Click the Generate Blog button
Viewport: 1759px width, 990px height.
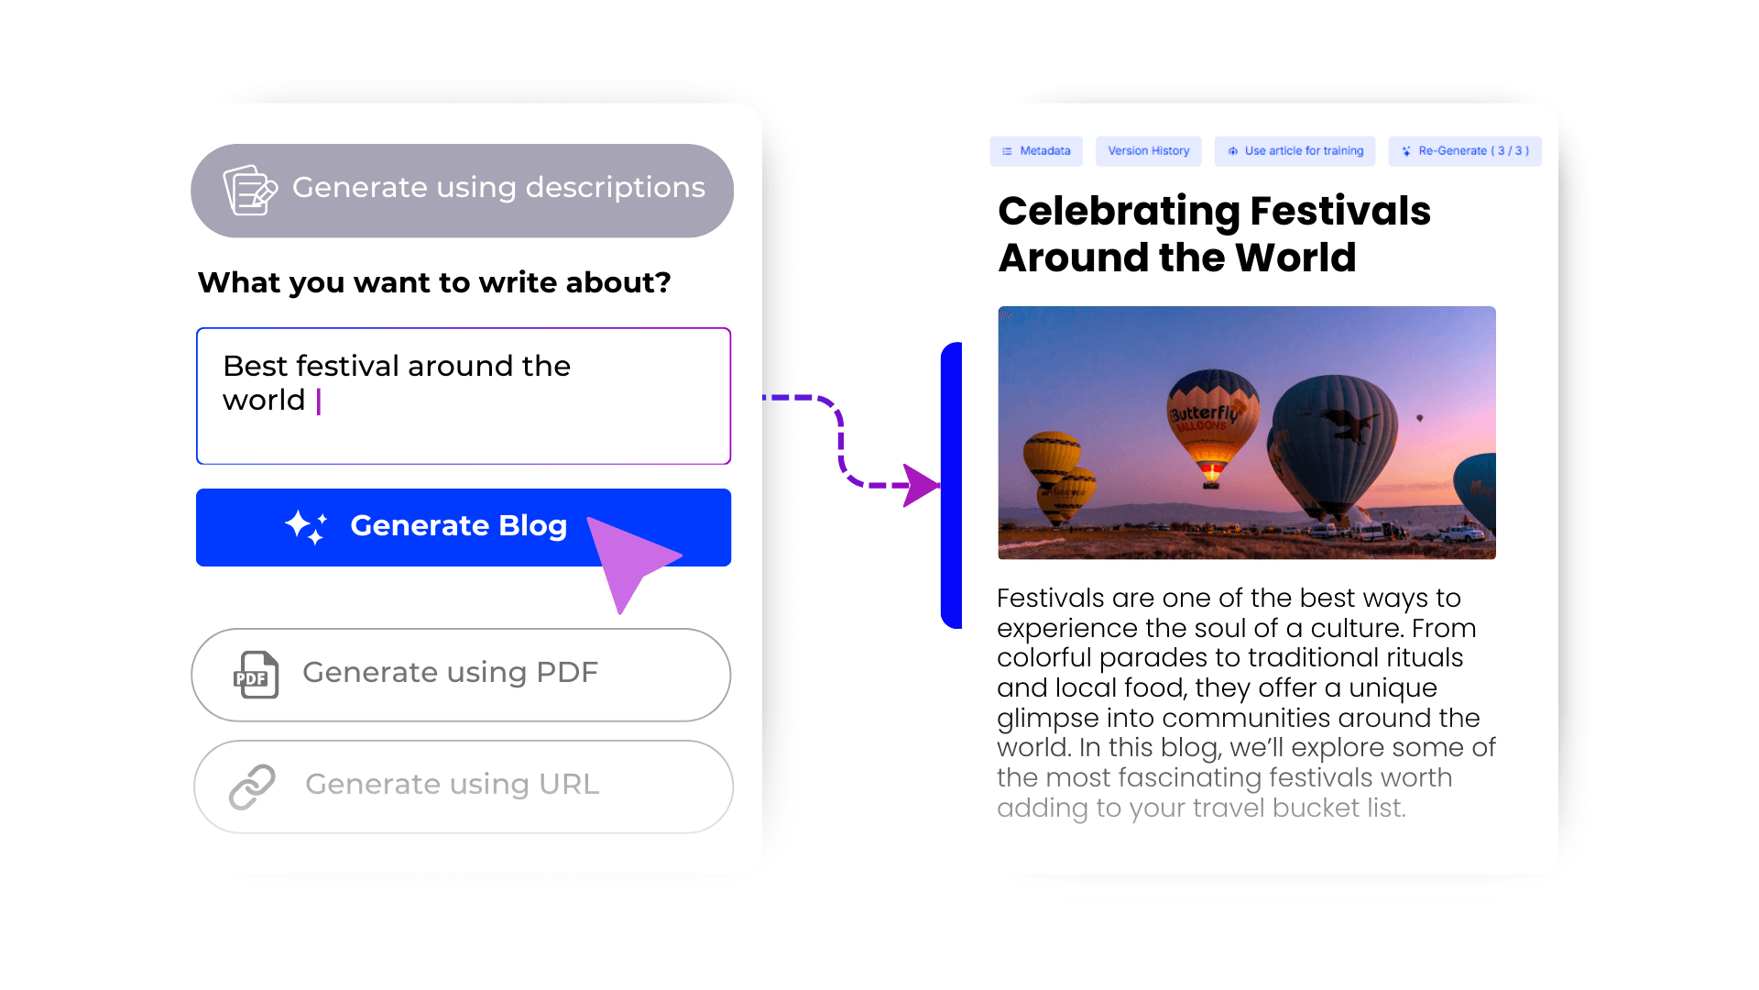coord(463,527)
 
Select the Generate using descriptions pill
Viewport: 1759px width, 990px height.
coord(462,191)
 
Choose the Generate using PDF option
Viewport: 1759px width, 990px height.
coord(461,675)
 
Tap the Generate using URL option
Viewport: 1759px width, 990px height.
coord(464,786)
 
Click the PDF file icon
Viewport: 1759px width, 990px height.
coord(257,675)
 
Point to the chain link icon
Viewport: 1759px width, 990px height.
coord(252,786)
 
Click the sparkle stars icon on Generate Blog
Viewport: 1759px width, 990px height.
coord(306,527)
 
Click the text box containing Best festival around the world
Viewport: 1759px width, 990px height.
coord(464,396)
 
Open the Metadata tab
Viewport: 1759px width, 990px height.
coord(1036,151)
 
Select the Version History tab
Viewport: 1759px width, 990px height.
coord(1149,151)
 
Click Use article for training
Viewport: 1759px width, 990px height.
coord(1296,151)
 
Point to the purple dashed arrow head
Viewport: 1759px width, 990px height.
coord(921,485)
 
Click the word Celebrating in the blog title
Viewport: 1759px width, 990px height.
coord(1119,211)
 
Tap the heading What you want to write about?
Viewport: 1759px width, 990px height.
coord(434,282)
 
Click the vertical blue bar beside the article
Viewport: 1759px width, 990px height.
coord(952,485)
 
